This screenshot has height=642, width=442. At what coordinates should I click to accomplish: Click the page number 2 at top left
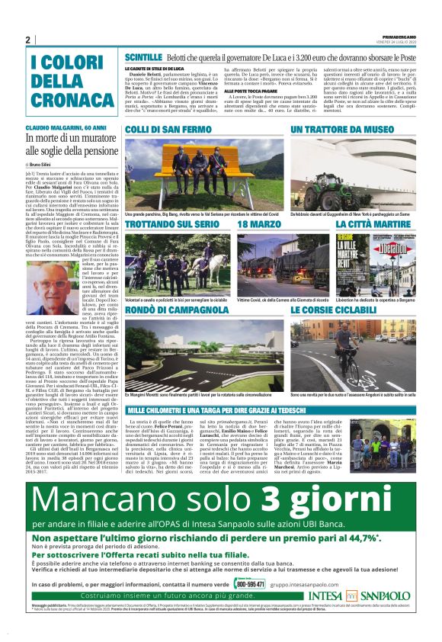click(x=27, y=40)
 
